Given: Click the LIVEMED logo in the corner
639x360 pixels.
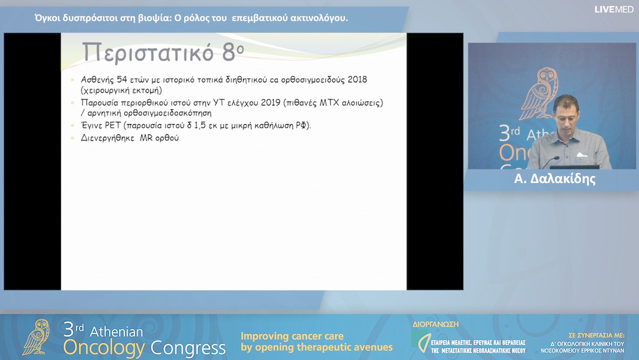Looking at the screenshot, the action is point(614,9).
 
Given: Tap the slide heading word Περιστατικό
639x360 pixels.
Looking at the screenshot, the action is point(147,52).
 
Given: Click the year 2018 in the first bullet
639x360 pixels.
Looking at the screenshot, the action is point(357,79).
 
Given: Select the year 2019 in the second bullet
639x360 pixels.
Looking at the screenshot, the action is point(270,102).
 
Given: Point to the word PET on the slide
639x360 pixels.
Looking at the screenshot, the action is point(112,125).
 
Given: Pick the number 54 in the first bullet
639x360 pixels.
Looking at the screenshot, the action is point(122,79).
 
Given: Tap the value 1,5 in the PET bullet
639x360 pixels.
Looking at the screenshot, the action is point(200,126).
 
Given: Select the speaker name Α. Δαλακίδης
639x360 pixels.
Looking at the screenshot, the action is point(554,179).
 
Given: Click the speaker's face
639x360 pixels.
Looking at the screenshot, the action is point(566,113).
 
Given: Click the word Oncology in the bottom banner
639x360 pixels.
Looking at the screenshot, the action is point(104,348).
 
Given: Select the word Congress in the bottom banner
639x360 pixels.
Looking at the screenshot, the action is point(188,348).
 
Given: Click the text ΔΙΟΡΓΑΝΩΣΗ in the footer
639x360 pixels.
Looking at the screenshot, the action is point(435,324).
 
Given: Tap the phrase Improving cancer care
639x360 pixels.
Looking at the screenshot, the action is point(292,336).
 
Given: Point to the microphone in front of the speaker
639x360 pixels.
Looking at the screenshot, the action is point(550,161).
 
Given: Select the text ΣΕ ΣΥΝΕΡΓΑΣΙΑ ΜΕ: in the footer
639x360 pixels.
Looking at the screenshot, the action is point(596,335).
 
